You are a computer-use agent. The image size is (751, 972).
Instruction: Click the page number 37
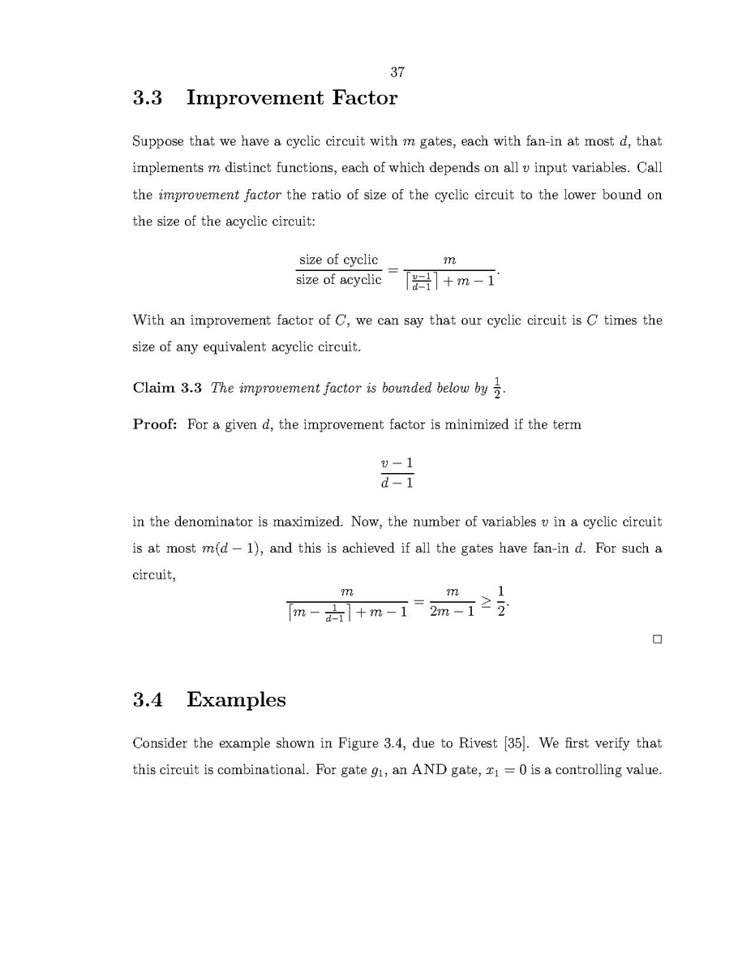[397, 72]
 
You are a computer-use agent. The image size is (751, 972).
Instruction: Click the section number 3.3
[148, 98]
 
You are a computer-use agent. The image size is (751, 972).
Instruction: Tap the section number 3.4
[148, 700]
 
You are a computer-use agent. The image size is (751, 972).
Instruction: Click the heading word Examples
[236, 700]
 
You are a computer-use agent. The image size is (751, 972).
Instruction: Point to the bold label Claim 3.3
[167, 388]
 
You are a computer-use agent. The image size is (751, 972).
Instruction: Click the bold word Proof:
[155, 424]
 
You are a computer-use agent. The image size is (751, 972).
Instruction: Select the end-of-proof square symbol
[657, 639]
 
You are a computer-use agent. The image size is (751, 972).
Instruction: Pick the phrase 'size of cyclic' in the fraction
[338, 260]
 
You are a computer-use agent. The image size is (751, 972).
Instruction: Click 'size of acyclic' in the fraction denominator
[338, 280]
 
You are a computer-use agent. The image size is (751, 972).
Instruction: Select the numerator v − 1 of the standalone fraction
[397, 463]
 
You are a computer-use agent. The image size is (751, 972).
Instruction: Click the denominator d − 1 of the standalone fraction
[397, 484]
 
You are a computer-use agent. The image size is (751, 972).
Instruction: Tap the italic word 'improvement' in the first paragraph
[193, 195]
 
